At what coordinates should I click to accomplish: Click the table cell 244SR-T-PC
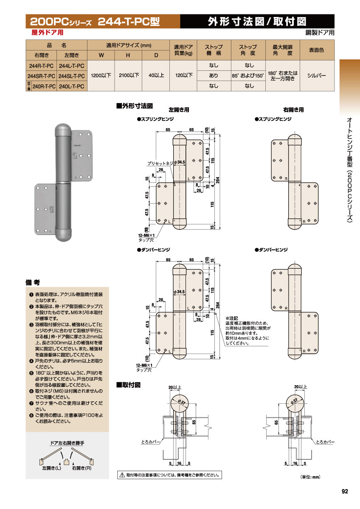(42, 76)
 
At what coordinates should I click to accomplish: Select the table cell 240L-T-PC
(72, 86)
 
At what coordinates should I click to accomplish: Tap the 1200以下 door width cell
(101, 76)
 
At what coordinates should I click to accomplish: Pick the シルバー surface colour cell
(316, 76)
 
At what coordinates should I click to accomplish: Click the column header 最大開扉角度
(282, 50)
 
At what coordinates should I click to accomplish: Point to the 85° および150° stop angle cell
(248, 76)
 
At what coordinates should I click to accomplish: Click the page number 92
(344, 492)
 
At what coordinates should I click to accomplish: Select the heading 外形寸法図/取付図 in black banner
(257, 21)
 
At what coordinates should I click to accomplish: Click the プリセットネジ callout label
(160, 163)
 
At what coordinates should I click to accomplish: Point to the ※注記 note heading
(232, 318)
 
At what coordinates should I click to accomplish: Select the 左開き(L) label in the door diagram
(51, 469)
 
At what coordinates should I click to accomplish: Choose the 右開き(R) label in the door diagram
(82, 469)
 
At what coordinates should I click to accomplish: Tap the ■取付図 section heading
(128, 385)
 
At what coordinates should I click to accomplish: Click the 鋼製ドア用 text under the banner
(320, 32)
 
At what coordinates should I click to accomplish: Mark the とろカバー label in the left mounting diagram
(150, 442)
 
